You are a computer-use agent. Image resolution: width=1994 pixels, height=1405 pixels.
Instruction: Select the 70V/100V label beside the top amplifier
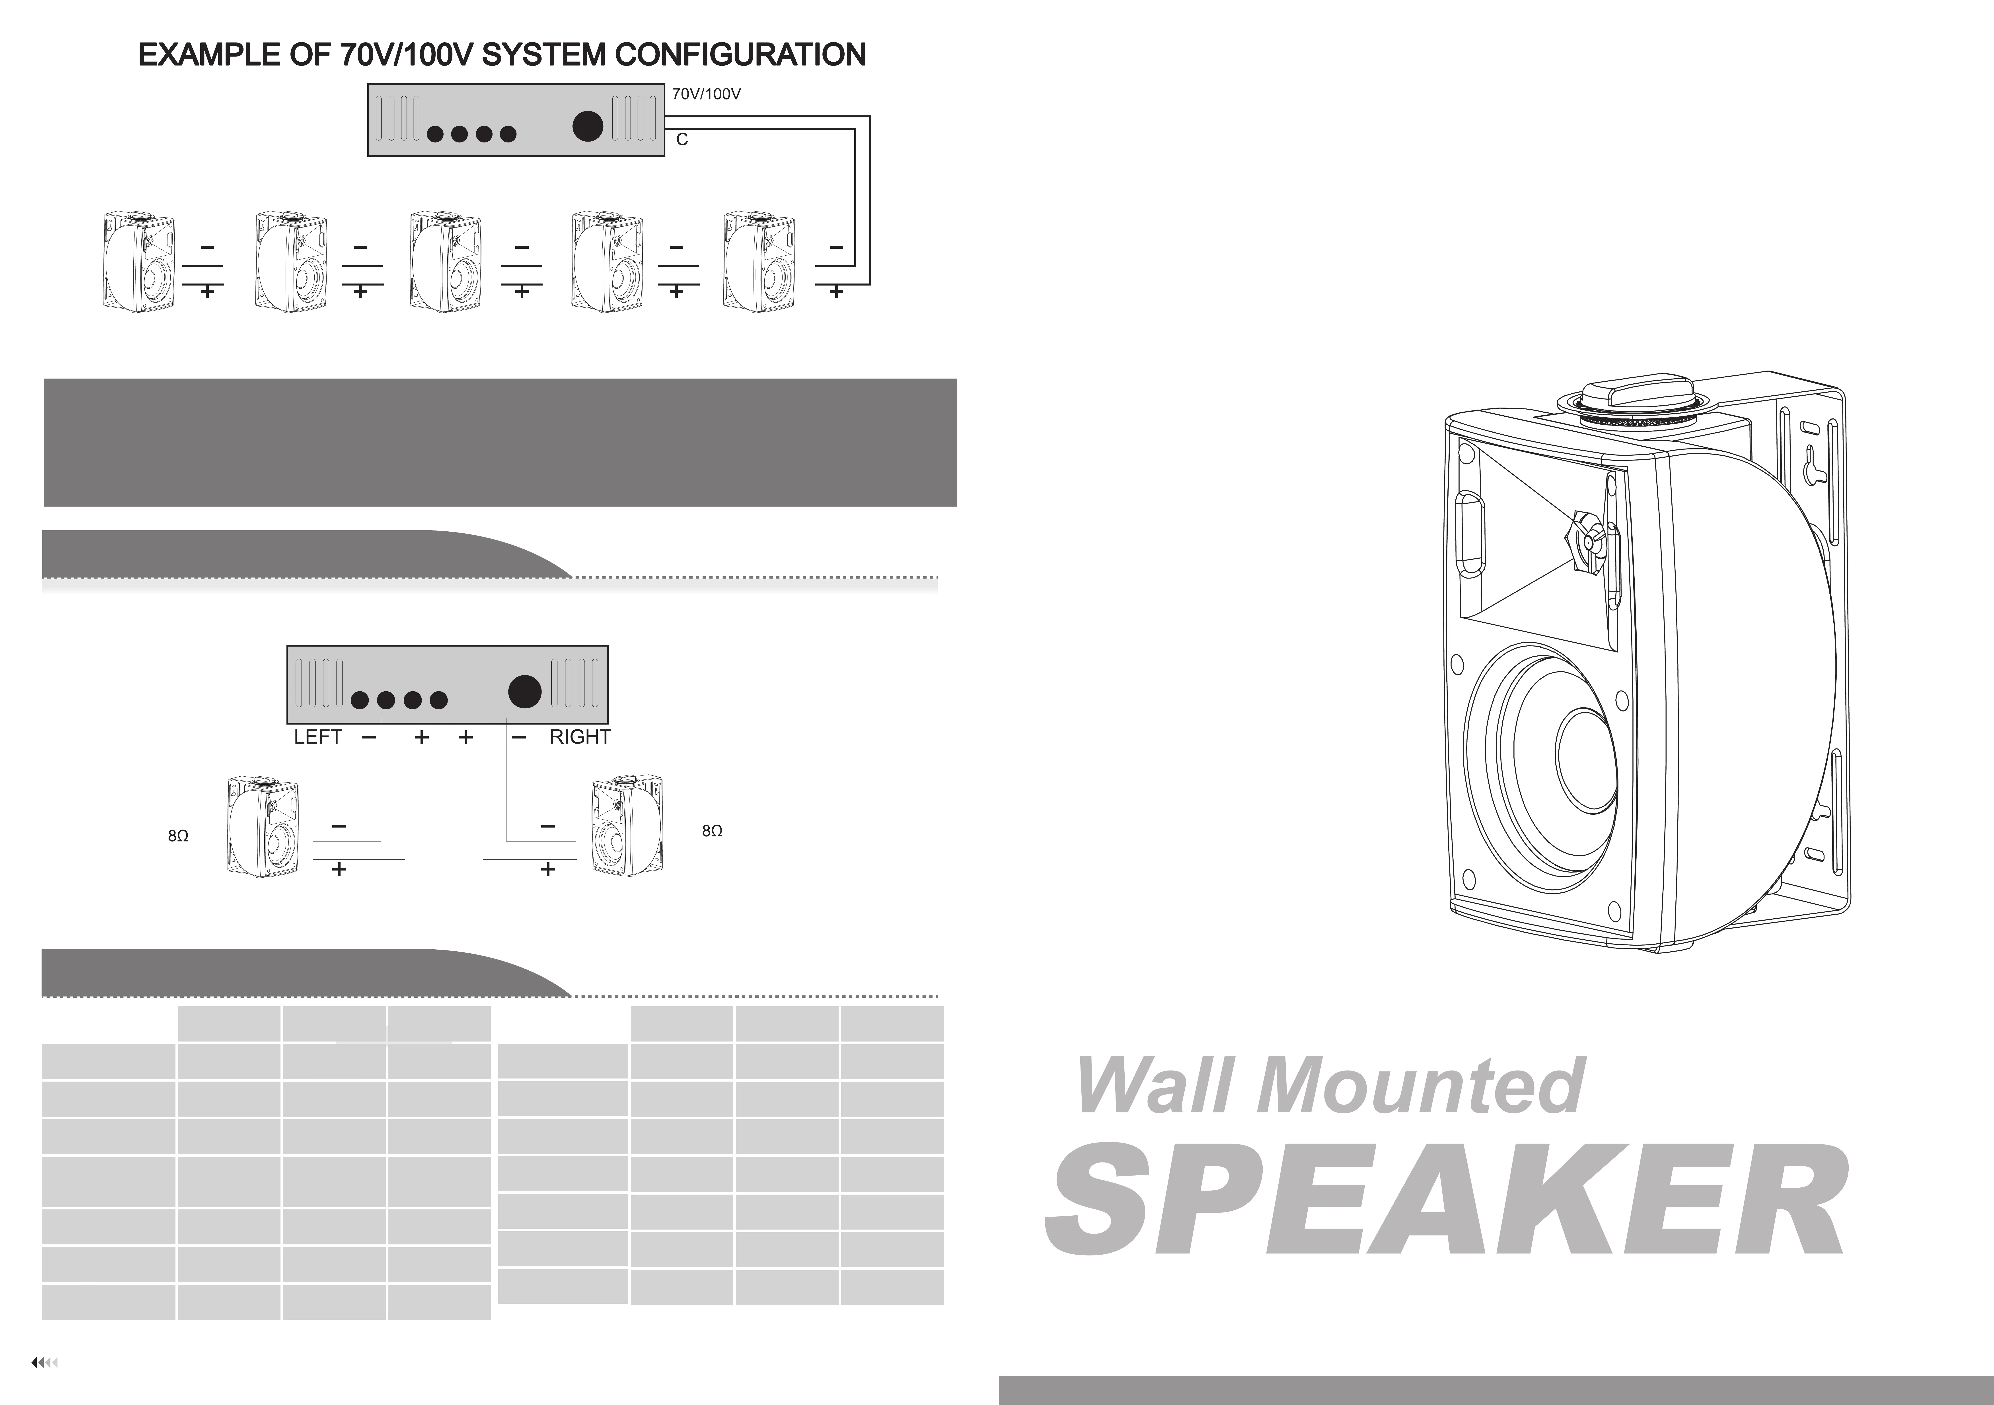coord(706,94)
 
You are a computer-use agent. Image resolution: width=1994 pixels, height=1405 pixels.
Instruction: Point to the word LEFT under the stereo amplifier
coord(318,737)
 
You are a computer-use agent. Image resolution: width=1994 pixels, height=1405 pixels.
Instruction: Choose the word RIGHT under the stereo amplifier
coord(580,737)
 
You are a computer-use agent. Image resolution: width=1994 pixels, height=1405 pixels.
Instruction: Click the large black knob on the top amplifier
coord(588,127)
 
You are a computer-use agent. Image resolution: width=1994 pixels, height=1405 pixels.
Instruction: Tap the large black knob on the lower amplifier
coord(525,691)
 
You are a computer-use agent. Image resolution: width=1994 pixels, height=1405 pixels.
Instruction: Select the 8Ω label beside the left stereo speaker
coord(178,836)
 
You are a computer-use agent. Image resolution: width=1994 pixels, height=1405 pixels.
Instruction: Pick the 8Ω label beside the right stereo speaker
coord(711,831)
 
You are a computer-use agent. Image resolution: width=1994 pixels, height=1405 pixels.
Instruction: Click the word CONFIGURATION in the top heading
coord(741,55)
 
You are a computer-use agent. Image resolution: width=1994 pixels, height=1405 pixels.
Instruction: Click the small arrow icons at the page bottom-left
coord(44,1362)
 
